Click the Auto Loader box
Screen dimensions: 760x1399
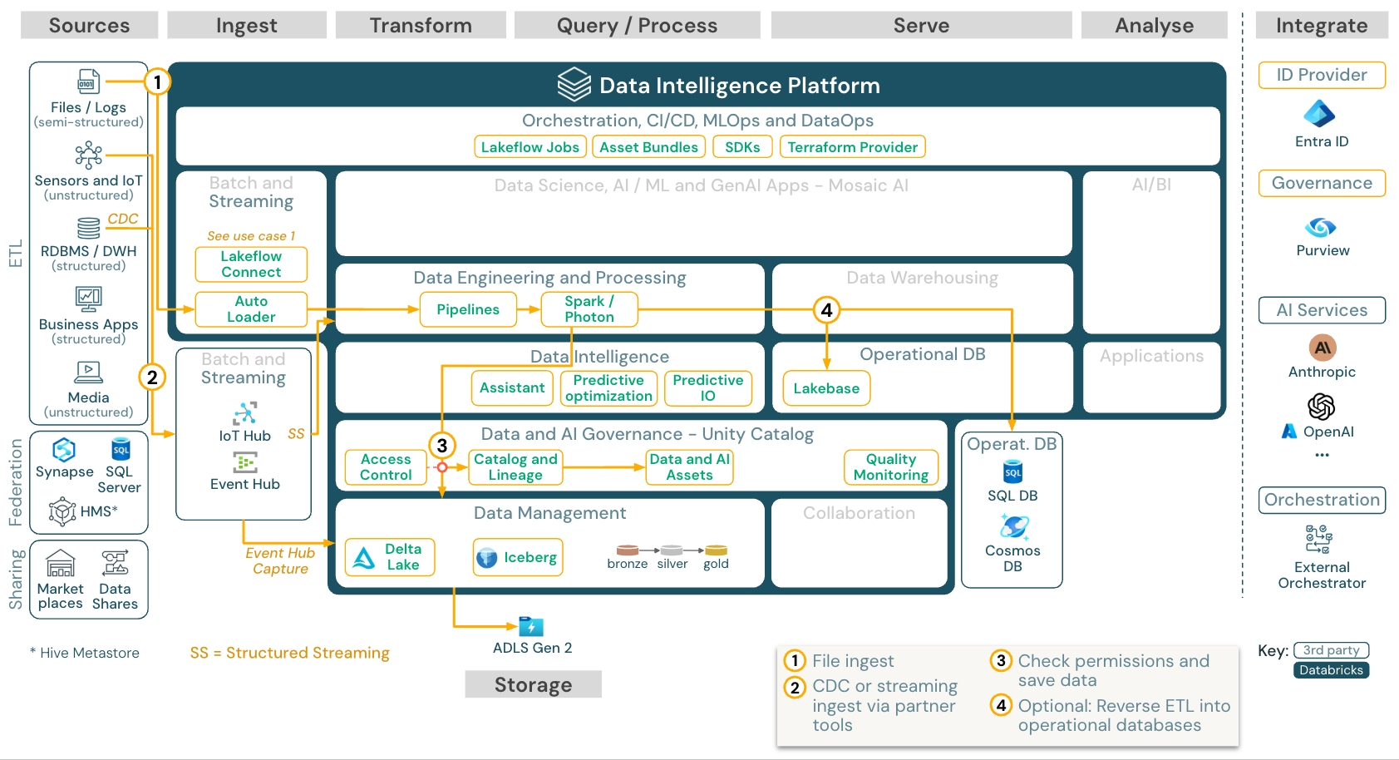(x=251, y=309)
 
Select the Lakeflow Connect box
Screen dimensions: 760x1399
(x=251, y=264)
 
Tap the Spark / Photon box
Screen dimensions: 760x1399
(x=589, y=309)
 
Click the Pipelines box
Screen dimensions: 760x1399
(x=468, y=309)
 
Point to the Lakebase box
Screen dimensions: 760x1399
(x=825, y=388)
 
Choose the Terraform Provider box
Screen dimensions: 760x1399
(x=852, y=147)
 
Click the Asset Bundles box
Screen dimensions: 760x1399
(x=648, y=147)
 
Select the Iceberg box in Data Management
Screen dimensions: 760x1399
(x=518, y=557)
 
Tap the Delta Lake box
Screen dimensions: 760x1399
(x=390, y=557)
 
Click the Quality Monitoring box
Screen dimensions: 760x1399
(x=890, y=467)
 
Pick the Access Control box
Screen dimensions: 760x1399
(x=386, y=467)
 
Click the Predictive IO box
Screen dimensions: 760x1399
(x=707, y=388)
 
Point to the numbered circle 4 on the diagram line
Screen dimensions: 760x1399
(x=826, y=310)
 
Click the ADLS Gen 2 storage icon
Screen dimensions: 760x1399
(x=530, y=626)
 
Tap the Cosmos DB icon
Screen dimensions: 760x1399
(x=1013, y=526)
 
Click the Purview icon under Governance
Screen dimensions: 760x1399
(x=1320, y=227)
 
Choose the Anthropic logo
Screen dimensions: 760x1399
(x=1322, y=348)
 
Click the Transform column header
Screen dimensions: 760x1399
(x=421, y=26)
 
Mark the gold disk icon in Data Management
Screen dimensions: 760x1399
(x=716, y=550)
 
